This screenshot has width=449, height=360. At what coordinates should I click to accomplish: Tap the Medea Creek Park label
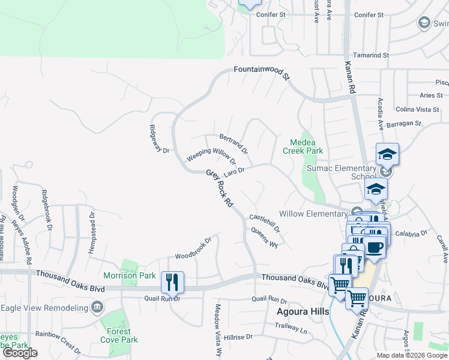tap(307, 146)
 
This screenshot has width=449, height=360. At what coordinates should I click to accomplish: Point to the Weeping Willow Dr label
tap(211, 155)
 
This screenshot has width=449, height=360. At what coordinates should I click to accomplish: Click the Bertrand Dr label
tap(234, 143)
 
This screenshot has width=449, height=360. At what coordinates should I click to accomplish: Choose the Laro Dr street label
tap(234, 172)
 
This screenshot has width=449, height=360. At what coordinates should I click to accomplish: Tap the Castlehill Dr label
tap(264, 223)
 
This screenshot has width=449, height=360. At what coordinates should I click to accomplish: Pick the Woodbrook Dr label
tap(193, 248)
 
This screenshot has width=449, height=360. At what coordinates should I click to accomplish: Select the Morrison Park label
tap(130, 275)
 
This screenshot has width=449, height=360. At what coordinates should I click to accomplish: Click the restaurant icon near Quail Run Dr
tap(172, 281)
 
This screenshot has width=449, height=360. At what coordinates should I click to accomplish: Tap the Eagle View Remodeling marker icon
tap(97, 308)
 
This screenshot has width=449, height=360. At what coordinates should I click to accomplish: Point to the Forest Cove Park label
tap(122, 335)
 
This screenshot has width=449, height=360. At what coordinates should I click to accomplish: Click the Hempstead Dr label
tap(92, 232)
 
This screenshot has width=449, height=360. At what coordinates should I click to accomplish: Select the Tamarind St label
tap(371, 55)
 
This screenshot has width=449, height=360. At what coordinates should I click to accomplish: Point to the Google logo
tap(20, 353)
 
